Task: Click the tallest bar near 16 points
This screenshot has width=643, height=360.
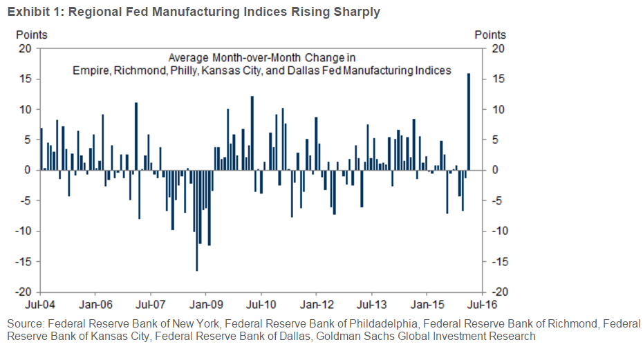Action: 469,122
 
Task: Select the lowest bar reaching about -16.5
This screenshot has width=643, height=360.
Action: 196,220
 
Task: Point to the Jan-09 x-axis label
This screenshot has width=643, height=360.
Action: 205,303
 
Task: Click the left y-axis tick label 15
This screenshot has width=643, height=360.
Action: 27,79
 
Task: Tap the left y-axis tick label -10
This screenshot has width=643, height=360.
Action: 25,231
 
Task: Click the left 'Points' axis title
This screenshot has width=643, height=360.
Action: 31,35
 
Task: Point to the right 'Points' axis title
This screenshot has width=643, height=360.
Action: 490,35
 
